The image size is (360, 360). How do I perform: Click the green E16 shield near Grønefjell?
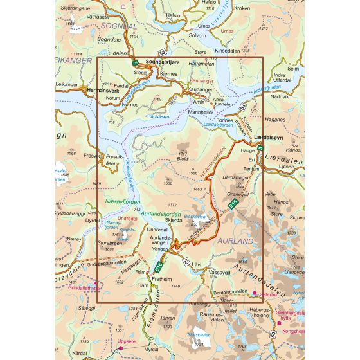235,204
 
